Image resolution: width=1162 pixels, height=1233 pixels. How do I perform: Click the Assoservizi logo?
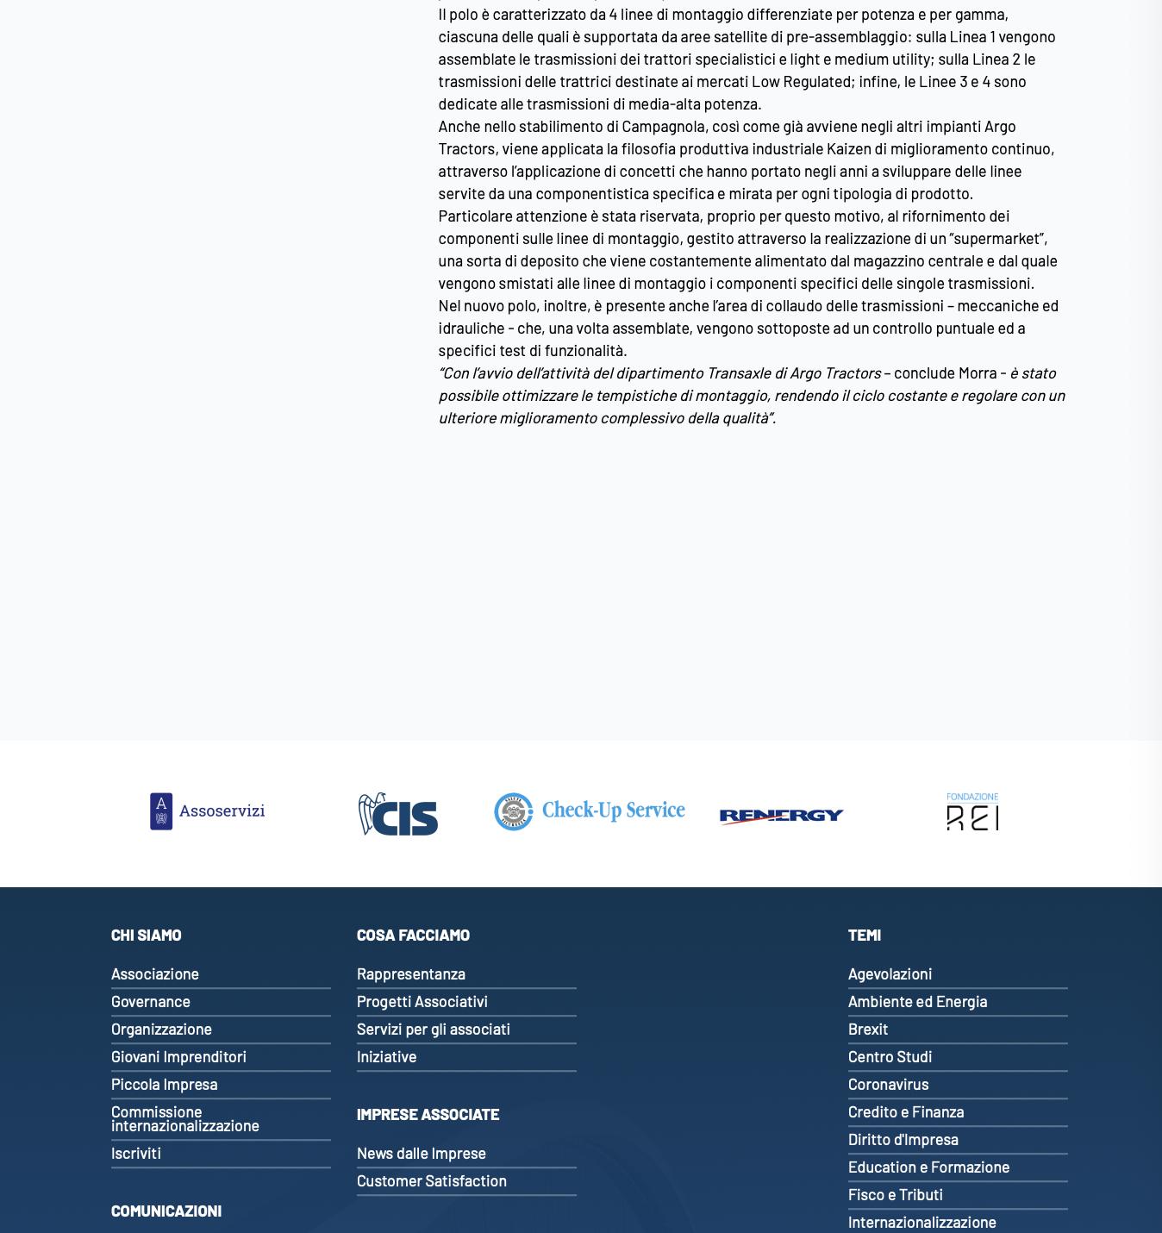tap(207, 811)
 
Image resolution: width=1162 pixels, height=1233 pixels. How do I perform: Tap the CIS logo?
tap(398, 814)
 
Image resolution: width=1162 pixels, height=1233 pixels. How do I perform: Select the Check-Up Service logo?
tap(590, 811)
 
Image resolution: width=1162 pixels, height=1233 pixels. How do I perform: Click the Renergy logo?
tap(781, 815)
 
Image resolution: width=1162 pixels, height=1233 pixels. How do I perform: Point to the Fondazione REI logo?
tap(972, 811)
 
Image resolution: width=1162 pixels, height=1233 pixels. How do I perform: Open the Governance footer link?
tap(151, 1001)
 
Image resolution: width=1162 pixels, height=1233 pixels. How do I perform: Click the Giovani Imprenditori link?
tap(178, 1056)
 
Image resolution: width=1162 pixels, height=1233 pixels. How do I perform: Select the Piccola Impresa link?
tap(164, 1084)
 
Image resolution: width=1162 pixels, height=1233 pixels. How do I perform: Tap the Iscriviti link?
tap(136, 1153)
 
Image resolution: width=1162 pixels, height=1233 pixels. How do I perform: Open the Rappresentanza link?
tap(411, 973)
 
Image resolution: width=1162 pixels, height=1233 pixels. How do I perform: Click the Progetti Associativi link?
tap(422, 1001)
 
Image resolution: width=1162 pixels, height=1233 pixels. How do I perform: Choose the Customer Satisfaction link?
tap(432, 1180)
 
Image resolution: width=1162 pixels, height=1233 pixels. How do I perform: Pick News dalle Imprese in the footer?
tap(422, 1153)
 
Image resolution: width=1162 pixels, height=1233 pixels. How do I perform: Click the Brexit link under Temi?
tap(868, 1029)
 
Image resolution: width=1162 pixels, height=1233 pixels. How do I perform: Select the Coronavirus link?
tap(888, 1084)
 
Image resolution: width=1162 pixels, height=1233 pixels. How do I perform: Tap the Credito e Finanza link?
tap(906, 1111)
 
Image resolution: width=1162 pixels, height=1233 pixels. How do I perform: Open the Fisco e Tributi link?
tap(896, 1194)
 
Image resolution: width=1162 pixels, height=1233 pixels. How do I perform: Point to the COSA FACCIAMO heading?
tap(413, 935)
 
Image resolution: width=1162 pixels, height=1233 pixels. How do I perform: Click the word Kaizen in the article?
tap(848, 148)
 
